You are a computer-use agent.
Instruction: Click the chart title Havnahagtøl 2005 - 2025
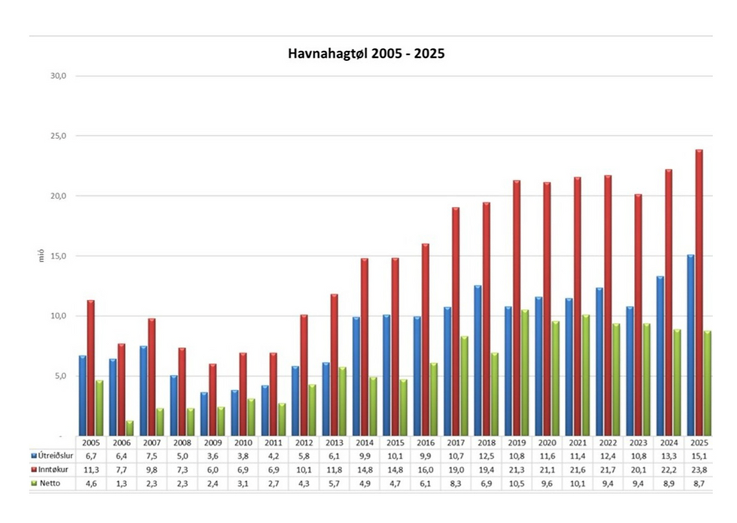366,53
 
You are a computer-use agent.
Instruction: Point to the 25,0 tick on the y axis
59,136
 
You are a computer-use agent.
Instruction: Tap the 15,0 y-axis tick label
59,256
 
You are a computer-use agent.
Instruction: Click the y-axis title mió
41,256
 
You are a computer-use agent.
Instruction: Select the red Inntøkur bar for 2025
699,293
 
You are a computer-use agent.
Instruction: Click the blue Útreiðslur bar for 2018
478,361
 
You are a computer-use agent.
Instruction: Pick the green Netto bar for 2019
525,373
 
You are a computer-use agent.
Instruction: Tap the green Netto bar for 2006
129,428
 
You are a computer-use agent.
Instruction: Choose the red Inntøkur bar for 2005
91,368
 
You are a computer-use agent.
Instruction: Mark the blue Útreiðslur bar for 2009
204,414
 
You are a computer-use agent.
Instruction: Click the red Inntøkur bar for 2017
456,322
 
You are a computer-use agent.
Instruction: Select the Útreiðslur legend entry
52,456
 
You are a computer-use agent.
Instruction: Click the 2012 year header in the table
304,443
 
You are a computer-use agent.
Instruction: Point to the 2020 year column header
547,443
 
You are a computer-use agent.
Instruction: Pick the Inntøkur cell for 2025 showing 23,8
699,470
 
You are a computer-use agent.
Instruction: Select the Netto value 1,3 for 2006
121,484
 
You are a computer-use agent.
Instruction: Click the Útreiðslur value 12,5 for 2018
486,456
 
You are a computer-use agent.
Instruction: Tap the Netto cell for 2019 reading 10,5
517,484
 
